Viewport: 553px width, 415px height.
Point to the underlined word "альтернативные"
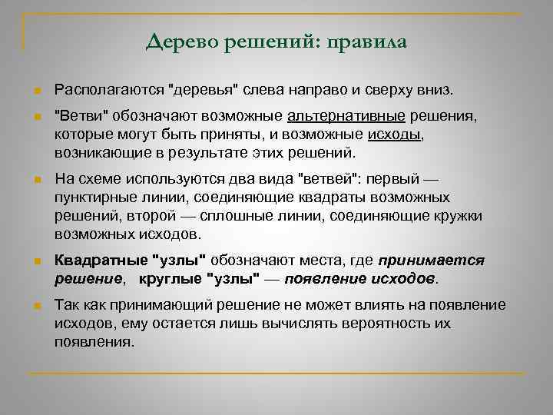point(346,116)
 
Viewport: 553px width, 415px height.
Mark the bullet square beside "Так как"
point(37,306)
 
